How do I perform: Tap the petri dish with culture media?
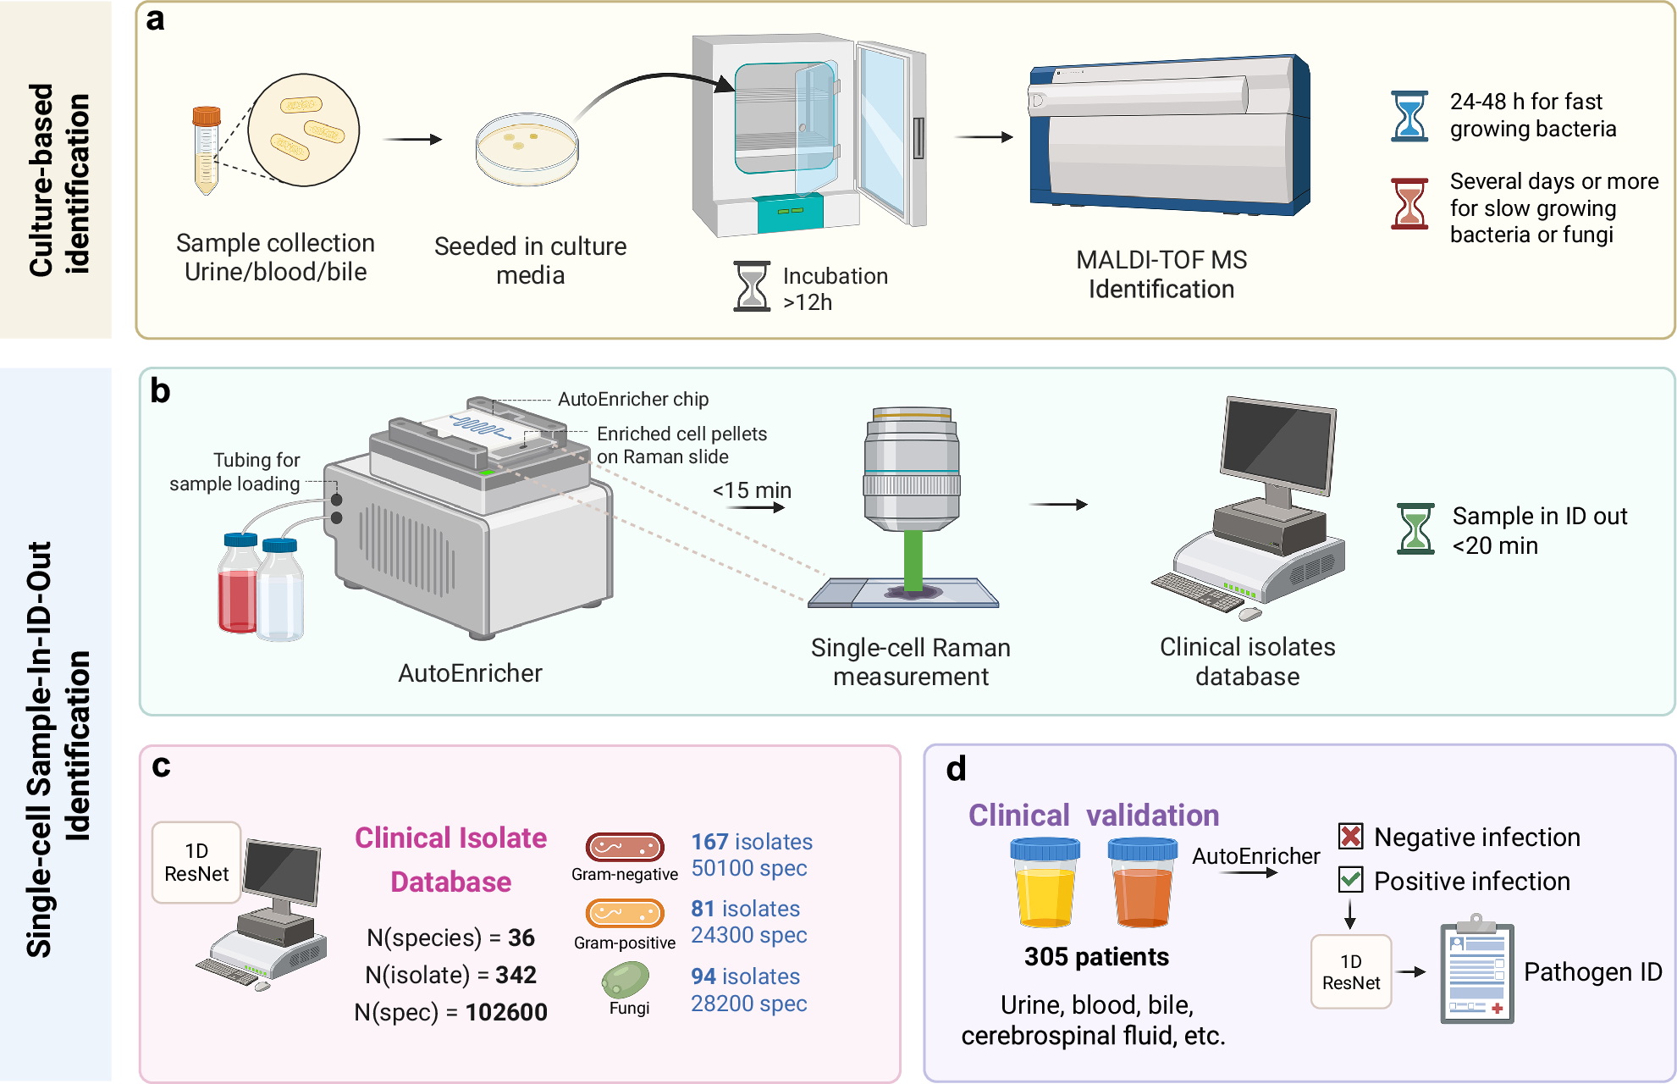[x=527, y=148]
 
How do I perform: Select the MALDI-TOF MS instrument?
[x=1168, y=135]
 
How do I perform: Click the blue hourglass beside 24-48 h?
[x=1409, y=116]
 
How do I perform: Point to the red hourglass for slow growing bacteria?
[x=1409, y=203]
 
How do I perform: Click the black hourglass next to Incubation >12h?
[x=752, y=286]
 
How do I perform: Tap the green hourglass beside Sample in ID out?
[x=1415, y=529]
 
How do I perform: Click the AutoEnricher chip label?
[x=632, y=399]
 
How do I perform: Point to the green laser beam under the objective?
[x=913, y=559]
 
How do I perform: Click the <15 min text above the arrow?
[x=752, y=490]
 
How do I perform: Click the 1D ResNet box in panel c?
[x=196, y=862]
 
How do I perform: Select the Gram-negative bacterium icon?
[x=625, y=846]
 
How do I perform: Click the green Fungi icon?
[x=626, y=980]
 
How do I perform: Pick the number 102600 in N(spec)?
[x=506, y=1012]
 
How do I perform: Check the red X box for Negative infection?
[x=1350, y=837]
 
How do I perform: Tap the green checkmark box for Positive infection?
[x=1350, y=880]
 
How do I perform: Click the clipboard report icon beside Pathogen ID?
[x=1477, y=974]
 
